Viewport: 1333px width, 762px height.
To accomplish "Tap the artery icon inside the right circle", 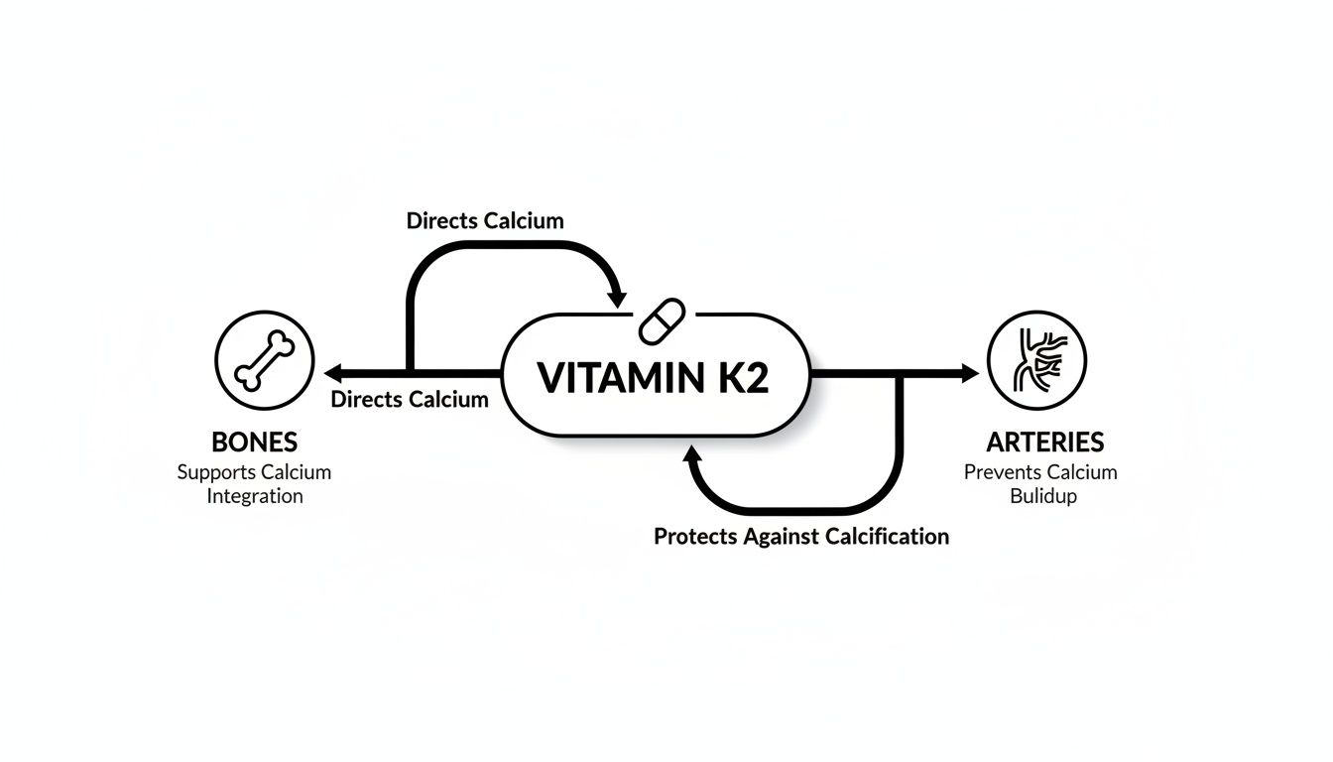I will coord(1036,359).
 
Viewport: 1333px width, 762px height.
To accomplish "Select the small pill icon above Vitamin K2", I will coord(657,320).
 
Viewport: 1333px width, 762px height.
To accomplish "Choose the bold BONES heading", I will coord(254,443).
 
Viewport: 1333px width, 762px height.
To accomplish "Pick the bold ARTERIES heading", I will coord(1045,443).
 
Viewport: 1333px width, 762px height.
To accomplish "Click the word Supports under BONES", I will coord(215,472).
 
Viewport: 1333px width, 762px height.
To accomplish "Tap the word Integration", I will coord(255,495).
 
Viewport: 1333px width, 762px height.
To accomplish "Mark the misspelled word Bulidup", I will coord(1043,495).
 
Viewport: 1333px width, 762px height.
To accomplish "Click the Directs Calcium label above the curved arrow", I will coord(485,220).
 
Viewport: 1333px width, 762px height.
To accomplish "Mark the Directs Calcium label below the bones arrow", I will coord(410,400).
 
